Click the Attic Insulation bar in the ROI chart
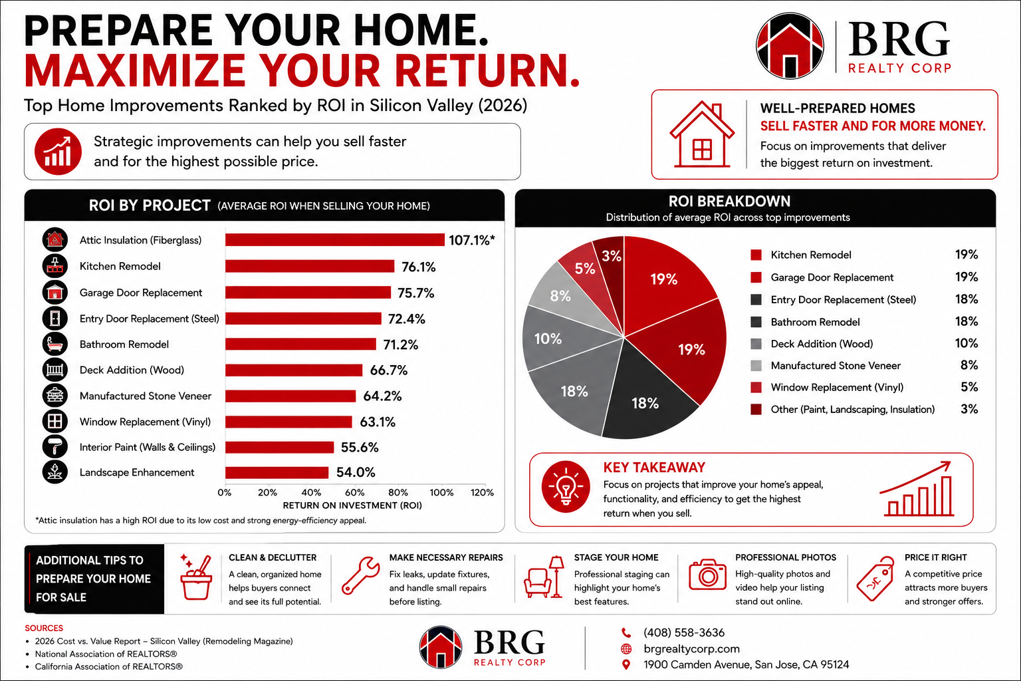334,240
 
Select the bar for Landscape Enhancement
277,473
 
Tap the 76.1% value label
418,267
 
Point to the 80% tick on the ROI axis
398,493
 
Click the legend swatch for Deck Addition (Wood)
756,344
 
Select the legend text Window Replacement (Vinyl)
837,387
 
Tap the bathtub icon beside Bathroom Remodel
55,344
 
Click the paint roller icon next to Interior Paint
55,446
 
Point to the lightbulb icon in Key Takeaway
566,487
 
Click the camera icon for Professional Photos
707,575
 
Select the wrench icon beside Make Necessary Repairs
360,575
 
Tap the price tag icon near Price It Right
875,579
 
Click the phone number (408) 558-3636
684,632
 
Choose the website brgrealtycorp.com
691,648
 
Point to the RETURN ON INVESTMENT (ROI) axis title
352,505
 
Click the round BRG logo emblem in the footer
441,647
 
